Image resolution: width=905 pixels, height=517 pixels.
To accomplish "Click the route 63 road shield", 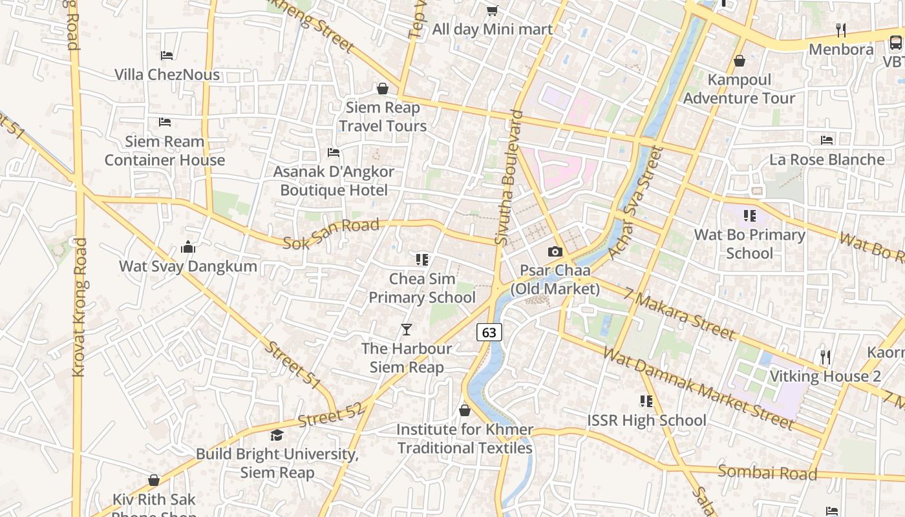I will tap(489, 332).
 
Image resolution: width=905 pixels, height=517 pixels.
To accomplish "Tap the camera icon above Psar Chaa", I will tap(555, 252).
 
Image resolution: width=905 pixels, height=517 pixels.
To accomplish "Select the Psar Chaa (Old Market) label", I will tap(555, 279).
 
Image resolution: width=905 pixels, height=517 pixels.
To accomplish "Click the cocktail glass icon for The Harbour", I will tap(406, 330).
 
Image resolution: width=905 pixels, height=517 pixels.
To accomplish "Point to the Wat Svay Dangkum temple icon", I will tap(188, 247).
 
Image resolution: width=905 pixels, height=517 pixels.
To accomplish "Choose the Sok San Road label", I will tap(331, 233).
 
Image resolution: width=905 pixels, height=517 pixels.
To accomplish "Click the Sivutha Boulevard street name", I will tap(509, 178).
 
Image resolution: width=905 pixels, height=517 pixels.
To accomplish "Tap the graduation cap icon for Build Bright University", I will tap(277, 435).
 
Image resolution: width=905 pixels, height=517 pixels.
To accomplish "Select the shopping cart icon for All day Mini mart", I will tap(492, 10).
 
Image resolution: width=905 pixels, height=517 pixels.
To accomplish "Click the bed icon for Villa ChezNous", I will tap(167, 56).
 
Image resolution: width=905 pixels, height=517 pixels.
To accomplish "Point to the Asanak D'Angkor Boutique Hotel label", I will tap(334, 181).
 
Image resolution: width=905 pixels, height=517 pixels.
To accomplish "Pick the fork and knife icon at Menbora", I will tap(841, 30).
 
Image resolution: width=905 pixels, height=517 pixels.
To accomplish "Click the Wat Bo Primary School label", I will tap(749, 244).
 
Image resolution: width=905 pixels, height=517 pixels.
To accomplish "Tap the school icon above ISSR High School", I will tap(646, 401).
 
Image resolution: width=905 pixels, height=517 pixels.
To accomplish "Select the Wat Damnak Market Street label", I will tap(698, 388).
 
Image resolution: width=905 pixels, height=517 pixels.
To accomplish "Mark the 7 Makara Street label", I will tap(680, 315).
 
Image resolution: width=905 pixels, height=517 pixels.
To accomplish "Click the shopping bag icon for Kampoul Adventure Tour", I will tap(739, 61).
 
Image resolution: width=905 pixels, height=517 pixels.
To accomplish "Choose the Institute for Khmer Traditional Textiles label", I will tap(465, 439).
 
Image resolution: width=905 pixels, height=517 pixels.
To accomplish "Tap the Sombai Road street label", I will tap(767, 473).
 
